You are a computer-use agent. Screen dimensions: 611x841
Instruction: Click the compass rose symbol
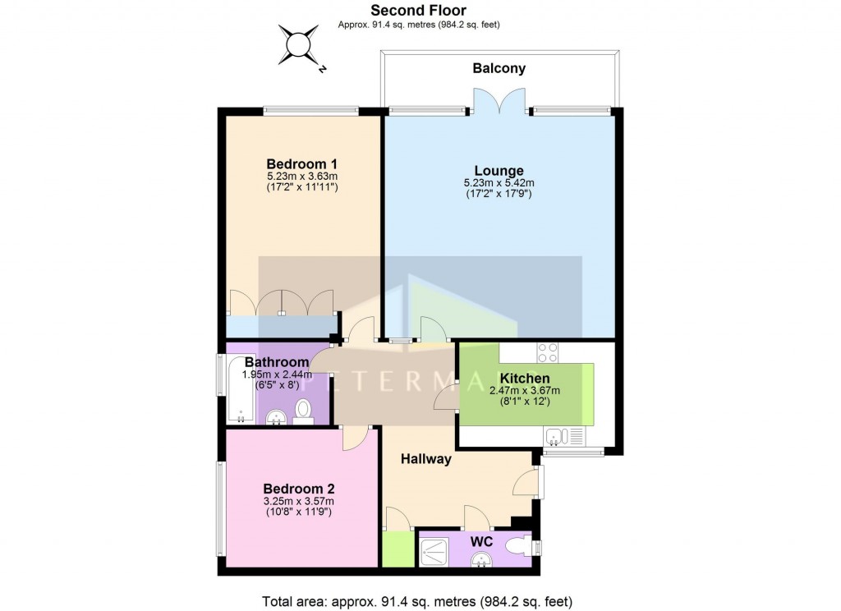(x=298, y=44)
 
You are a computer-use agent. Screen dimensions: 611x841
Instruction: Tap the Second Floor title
(x=419, y=11)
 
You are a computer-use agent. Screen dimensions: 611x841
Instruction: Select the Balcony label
(x=499, y=69)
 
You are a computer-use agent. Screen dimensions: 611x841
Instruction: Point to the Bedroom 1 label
(x=302, y=163)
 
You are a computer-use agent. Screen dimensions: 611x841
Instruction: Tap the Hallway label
(x=426, y=459)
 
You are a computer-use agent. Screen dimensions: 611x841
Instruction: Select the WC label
(x=481, y=542)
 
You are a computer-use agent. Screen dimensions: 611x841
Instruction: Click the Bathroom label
(x=277, y=362)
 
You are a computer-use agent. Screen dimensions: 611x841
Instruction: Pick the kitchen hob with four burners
(x=548, y=353)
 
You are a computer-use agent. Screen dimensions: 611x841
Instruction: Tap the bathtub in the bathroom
(x=241, y=389)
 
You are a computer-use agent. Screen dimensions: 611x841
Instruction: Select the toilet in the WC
(x=520, y=547)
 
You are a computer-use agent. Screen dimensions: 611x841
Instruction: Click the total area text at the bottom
(x=416, y=600)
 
